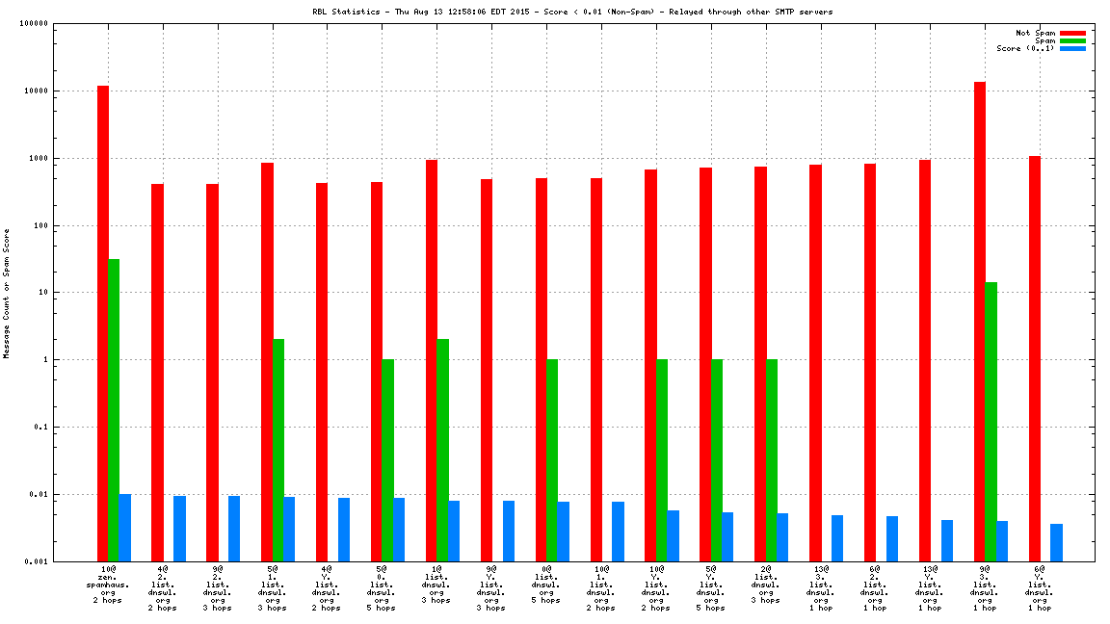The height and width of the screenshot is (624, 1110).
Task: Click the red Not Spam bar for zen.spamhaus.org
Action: coord(103,323)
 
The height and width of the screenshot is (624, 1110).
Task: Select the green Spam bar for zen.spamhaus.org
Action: coord(114,409)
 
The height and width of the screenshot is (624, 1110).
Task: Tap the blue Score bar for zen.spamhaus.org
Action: coord(125,528)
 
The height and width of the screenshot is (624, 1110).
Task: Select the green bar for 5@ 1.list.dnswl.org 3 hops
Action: coord(278,450)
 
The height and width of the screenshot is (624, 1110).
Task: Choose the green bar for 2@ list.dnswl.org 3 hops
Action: coord(772,459)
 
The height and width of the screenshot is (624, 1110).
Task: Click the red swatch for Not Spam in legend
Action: coord(1072,33)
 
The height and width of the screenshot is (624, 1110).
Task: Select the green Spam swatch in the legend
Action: coord(1072,40)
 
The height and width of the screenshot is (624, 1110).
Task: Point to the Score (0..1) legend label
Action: coord(1025,48)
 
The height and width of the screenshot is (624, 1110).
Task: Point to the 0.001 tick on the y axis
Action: coord(37,561)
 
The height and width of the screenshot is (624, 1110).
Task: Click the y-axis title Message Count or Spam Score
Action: coord(7,293)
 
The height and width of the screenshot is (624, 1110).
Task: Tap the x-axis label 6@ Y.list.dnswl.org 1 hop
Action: coord(1039,588)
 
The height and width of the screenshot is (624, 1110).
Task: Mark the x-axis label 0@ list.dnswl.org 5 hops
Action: coord(546,585)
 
